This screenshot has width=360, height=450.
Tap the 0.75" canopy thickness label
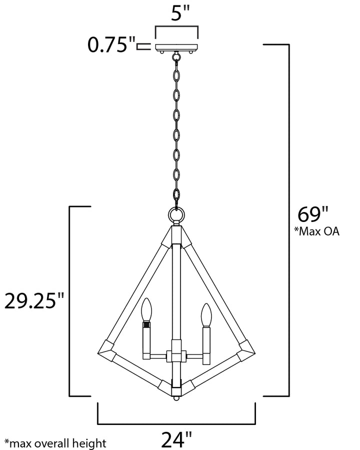[x=111, y=44]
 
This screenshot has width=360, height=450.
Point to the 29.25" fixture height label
[x=34, y=301]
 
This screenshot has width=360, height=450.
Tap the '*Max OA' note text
[x=316, y=231]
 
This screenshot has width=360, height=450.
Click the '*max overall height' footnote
[x=55, y=443]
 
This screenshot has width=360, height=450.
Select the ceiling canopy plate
[x=176, y=47]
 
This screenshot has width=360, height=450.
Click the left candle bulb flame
[x=146, y=309]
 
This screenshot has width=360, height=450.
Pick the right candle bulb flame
[x=206, y=315]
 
